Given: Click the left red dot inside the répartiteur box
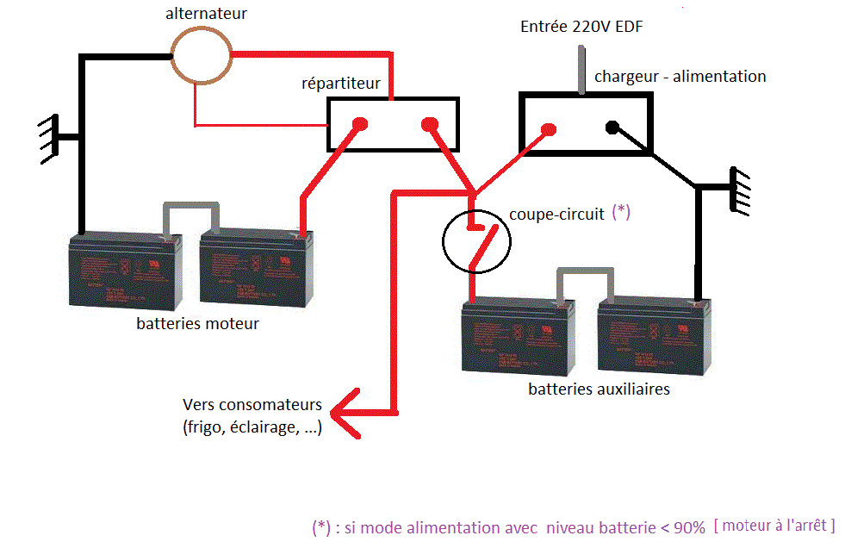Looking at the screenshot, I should tap(360, 123).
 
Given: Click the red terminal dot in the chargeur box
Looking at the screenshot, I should tap(546, 130).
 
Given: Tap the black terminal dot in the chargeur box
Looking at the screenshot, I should tap(612, 128).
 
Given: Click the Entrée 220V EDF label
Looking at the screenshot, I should tap(581, 28).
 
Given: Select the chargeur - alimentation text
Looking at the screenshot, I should tap(680, 77).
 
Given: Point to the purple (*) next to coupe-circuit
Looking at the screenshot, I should tap(621, 212).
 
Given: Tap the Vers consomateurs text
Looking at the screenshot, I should tap(252, 405).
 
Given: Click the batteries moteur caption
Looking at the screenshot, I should tap(197, 324).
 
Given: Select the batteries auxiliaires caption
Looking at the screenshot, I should tap(599, 389).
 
